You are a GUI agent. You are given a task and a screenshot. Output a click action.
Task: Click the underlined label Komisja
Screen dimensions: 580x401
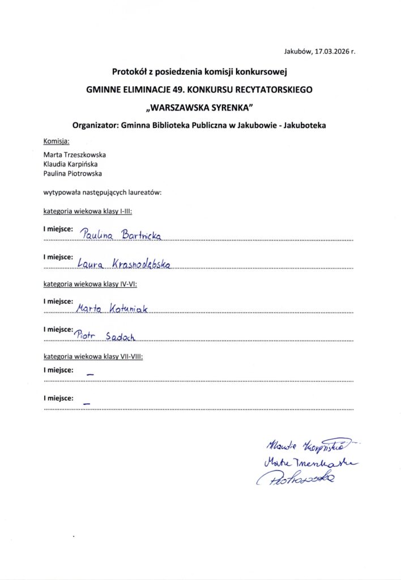pyautogui.click(x=56, y=140)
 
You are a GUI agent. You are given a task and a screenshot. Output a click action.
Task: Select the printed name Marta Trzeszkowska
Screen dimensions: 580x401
pyautogui.click(x=74, y=154)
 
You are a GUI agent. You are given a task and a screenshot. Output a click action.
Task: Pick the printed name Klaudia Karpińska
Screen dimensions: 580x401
pyautogui.click(x=72, y=164)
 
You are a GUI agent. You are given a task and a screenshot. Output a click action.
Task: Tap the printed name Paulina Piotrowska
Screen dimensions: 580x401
pyautogui.click(x=72, y=173)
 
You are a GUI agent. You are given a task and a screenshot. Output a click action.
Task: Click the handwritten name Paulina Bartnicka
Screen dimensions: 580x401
pyautogui.click(x=121, y=234)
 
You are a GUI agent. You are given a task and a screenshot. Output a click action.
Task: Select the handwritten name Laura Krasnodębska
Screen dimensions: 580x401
pyautogui.click(x=123, y=263)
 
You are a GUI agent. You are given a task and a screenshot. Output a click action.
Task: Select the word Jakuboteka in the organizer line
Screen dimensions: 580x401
pyautogui.click(x=305, y=125)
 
